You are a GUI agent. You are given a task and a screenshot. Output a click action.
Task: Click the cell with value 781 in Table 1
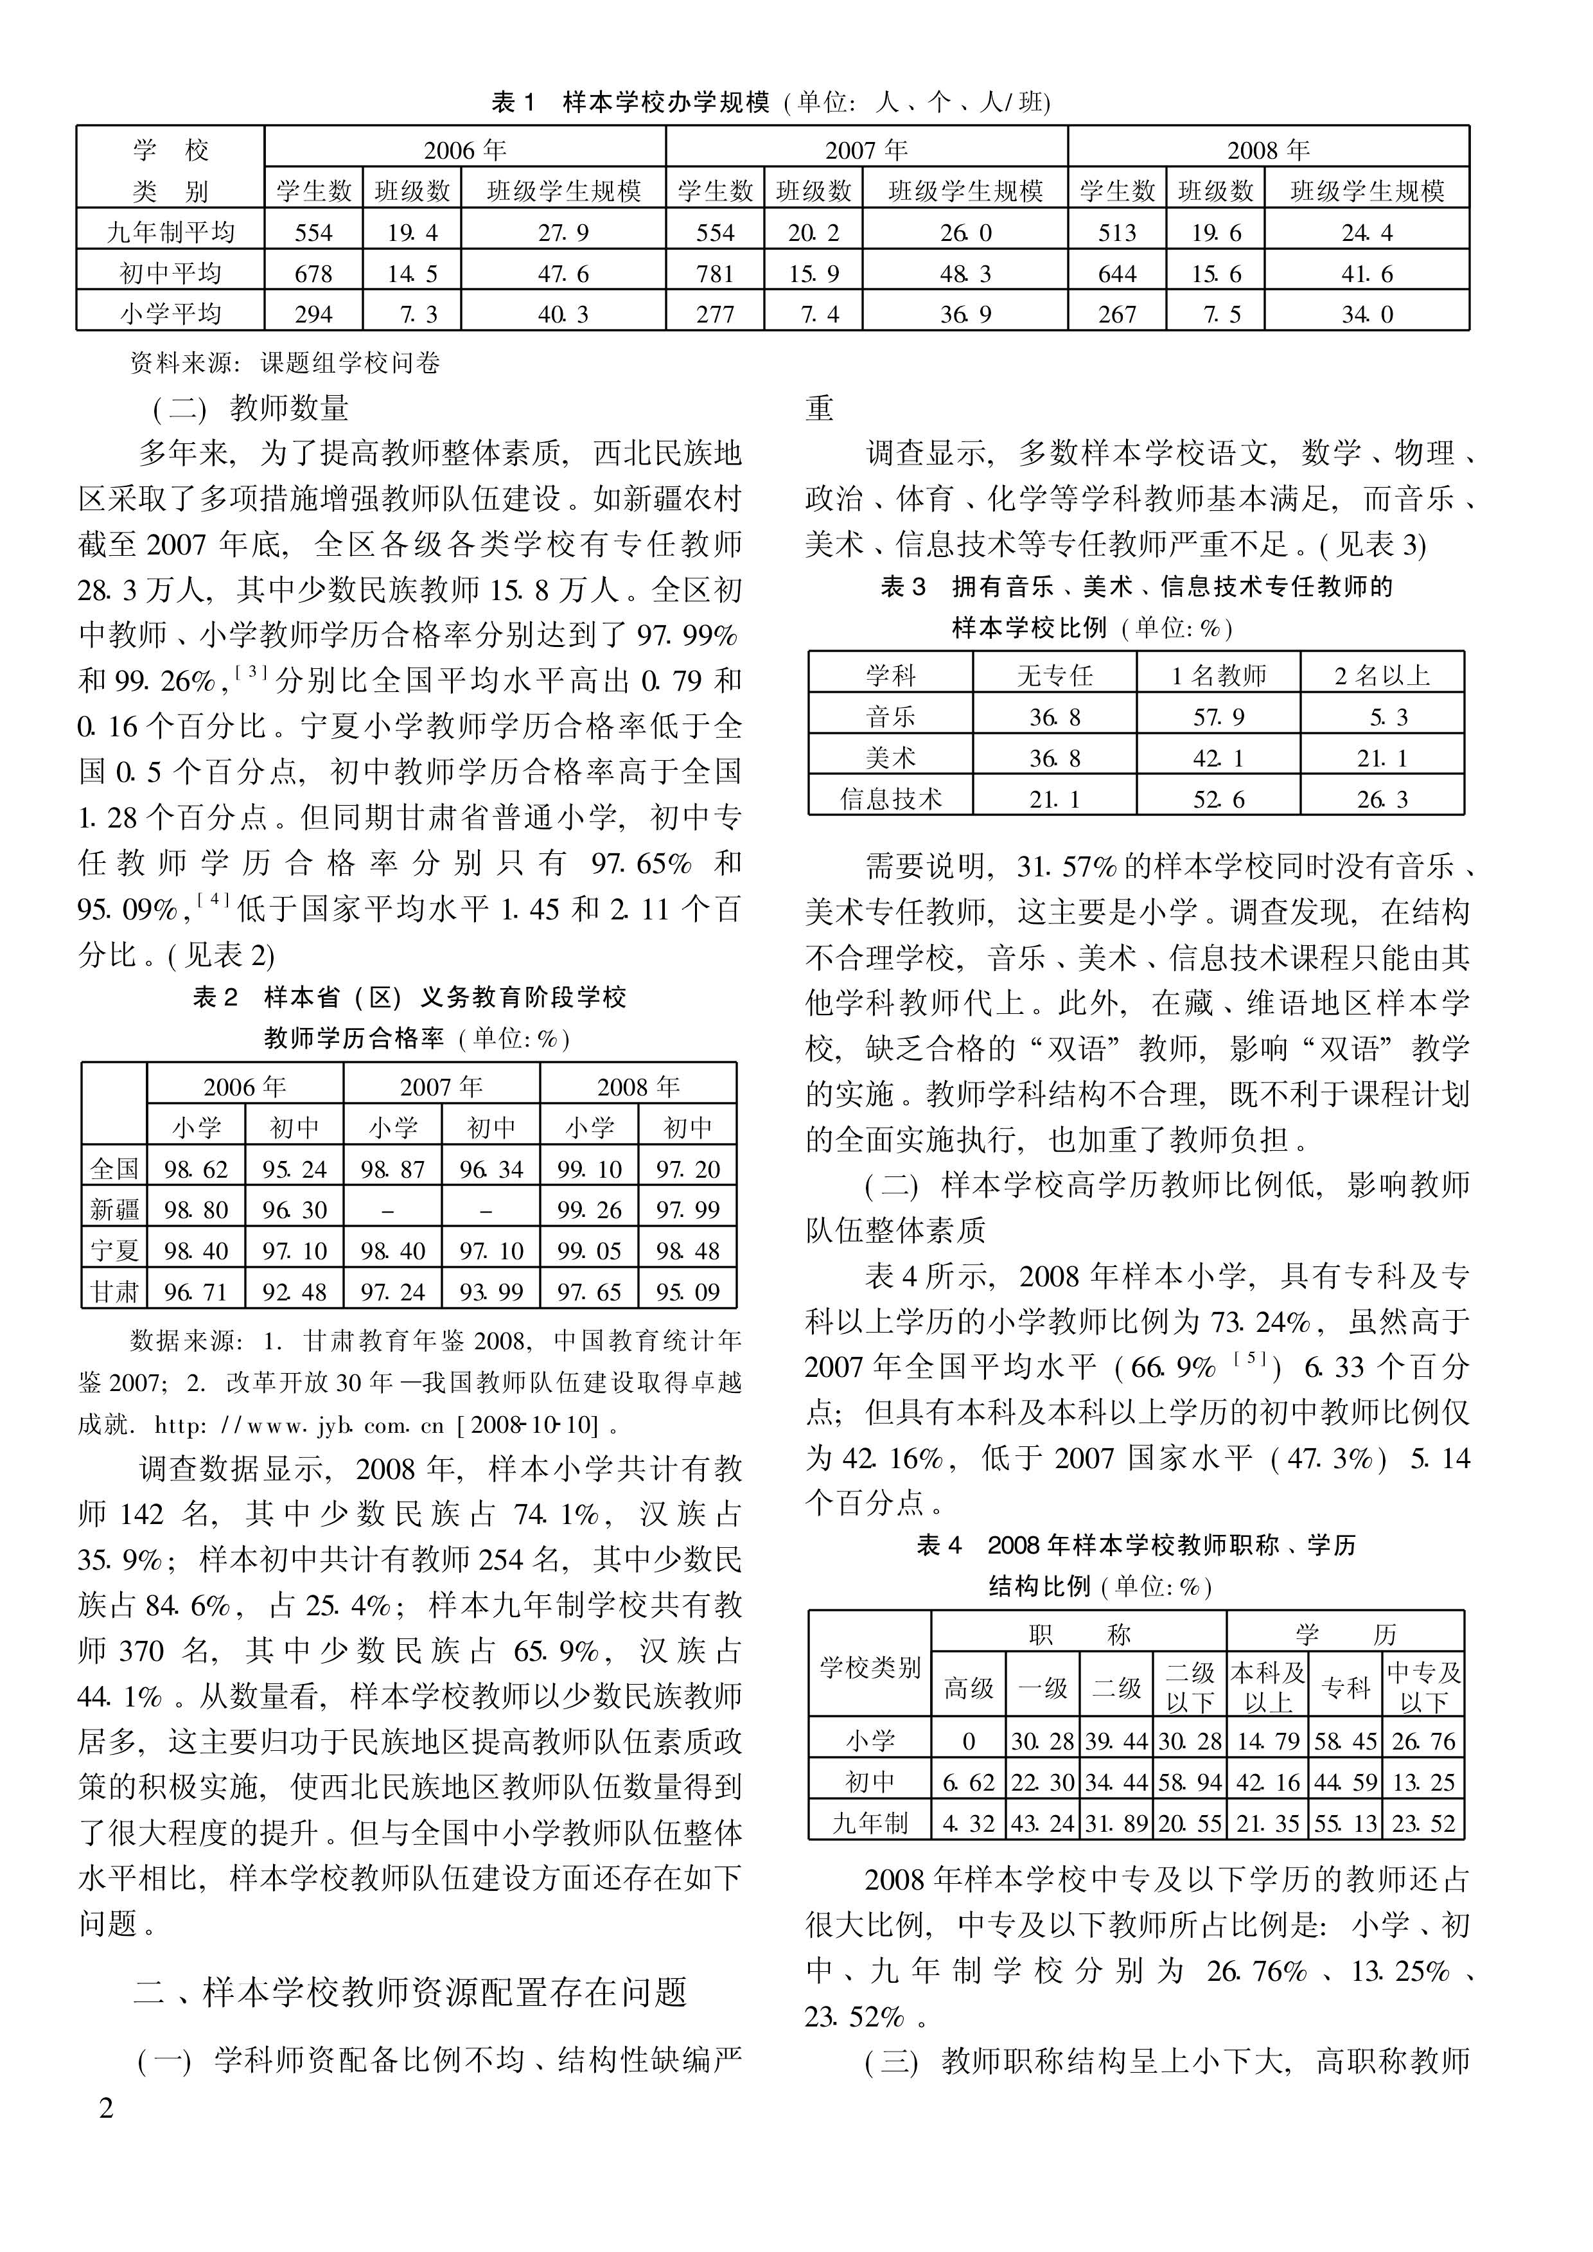[714, 274]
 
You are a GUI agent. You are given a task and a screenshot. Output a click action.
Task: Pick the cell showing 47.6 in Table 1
[563, 274]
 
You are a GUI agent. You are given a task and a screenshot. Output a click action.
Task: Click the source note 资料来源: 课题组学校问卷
[285, 363]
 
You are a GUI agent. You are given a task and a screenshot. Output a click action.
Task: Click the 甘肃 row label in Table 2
[115, 1291]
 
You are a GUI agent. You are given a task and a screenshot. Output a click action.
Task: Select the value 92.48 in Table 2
[294, 1291]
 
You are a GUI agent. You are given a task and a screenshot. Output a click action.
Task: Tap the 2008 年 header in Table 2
[638, 1086]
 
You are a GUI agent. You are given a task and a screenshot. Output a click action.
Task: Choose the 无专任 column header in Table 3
[1055, 675]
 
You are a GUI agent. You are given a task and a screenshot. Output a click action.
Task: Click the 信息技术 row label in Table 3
[891, 799]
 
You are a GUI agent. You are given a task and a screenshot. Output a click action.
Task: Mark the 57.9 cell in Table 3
[1219, 717]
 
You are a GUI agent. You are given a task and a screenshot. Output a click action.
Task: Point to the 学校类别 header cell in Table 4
[870, 1667]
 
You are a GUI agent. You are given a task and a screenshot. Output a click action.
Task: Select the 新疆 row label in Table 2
[115, 1210]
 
